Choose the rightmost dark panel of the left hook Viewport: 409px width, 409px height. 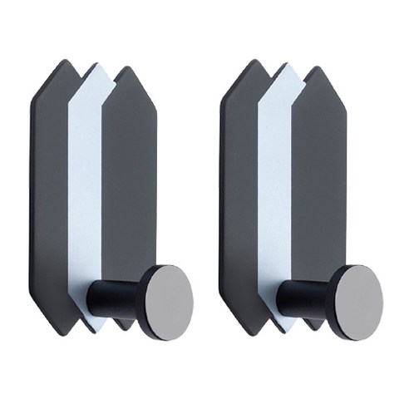(129, 183)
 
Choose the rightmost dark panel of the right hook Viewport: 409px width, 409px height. (319, 183)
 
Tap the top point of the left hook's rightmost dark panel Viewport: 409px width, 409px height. (125, 67)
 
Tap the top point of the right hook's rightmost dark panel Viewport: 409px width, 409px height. (315, 67)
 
